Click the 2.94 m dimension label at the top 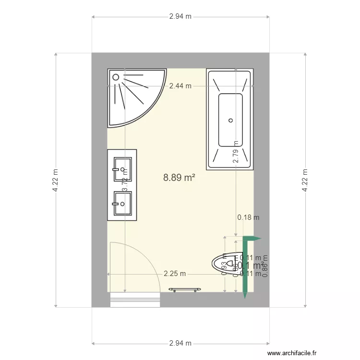coord(180,16)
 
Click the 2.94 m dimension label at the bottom coord(180,343)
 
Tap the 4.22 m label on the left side coord(56,180)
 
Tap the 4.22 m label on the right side coord(305,180)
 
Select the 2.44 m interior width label coord(180,86)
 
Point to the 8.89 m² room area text coord(179,178)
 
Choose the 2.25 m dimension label coord(175,274)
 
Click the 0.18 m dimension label coord(248,217)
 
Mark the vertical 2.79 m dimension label coord(236,152)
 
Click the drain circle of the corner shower coord(116,76)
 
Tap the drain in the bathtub coord(231,120)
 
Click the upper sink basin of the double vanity coord(122,169)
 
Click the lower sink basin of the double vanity coord(122,204)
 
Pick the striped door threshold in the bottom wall coord(135,300)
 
